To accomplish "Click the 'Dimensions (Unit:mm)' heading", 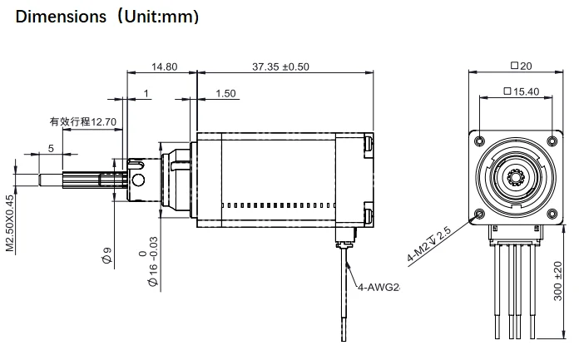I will coord(107,16).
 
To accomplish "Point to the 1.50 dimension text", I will coord(225,94).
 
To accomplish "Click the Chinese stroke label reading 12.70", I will coord(82,121).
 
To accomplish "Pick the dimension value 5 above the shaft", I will coord(52,148).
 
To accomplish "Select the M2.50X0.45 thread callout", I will coord(11,222).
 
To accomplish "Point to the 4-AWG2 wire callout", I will coord(379,288).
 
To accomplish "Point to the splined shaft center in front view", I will coord(516,175).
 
